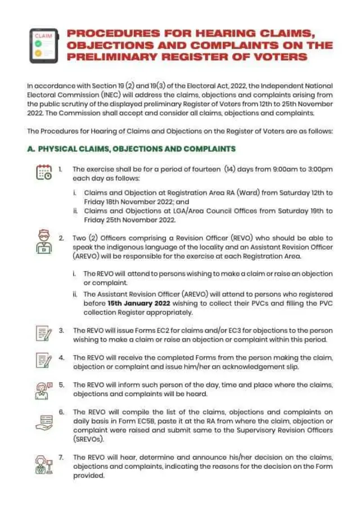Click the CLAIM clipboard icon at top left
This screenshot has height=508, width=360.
click(x=43, y=45)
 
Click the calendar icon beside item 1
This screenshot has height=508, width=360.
click(x=44, y=172)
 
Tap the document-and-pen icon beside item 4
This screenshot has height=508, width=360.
click(x=43, y=360)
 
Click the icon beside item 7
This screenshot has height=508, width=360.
click(x=43, y=465)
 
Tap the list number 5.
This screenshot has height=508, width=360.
click(x=62, y=385)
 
